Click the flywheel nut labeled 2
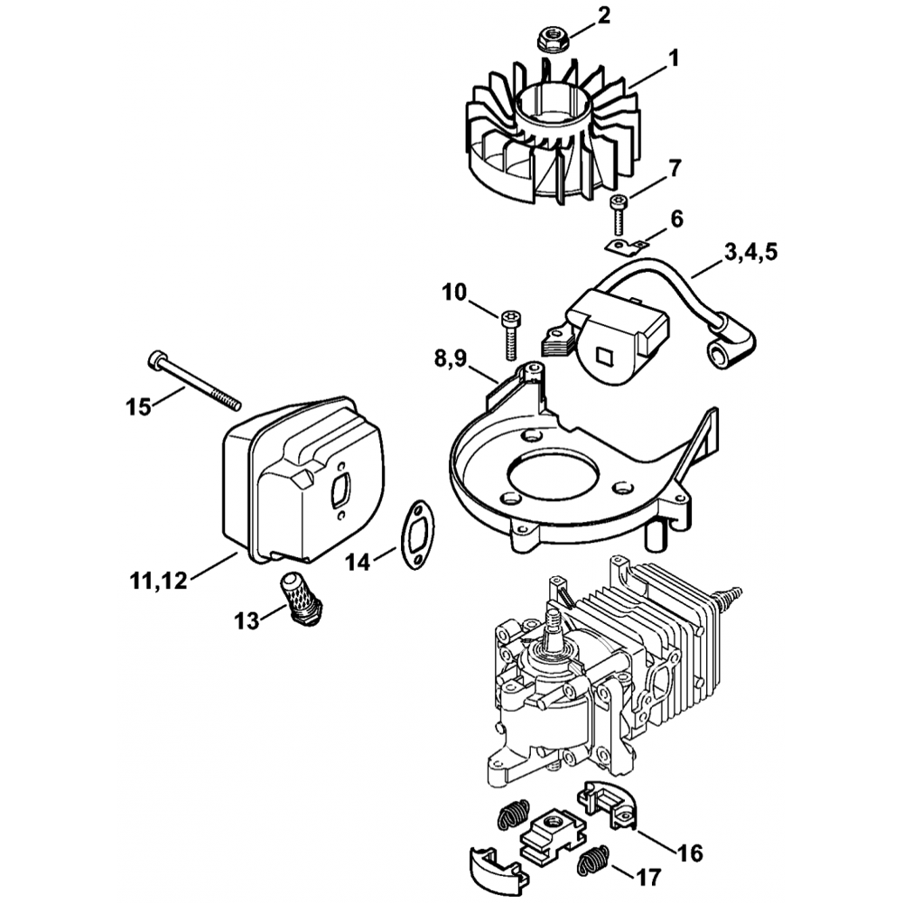click(x=551, y=39)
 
